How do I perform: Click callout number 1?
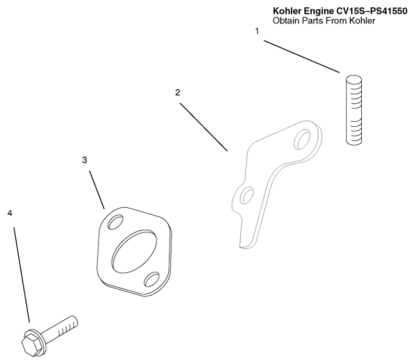click(x=257, y=31)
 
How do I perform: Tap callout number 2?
click(x=178, y=93)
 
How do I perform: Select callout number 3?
click(x=84, y=160)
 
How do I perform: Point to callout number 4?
click(x=10, y=213)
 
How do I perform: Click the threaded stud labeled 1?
click(x=354, y=110)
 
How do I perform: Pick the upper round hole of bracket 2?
click(x=303, y=139)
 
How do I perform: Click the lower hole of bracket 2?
click(x=247, y=195)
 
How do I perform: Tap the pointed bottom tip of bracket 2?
click(x=241, y=247)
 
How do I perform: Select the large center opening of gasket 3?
click(x=134, y=251)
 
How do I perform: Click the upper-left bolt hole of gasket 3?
click(x=115, y=222)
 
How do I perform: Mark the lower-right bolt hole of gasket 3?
click(x=152, y=279)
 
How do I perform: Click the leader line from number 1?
click(x=302, y=56)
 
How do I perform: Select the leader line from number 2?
click(x=204, y=127)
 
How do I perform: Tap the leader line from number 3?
click(x=97, y=190)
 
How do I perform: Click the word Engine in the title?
click(x=318, y=11)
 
